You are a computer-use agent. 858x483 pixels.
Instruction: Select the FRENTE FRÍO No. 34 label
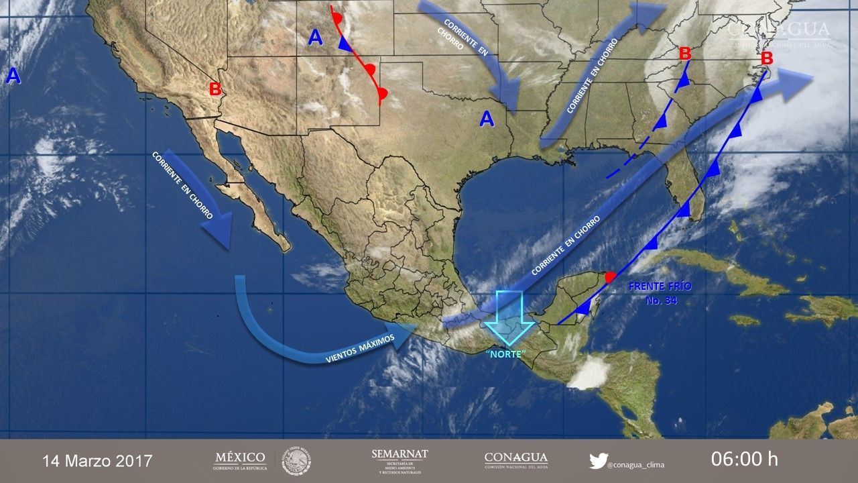(x=660, y=293)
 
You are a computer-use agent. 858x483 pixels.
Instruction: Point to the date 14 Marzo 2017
(x=97, y=461)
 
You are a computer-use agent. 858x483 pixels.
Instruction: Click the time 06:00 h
(x=744, y=460)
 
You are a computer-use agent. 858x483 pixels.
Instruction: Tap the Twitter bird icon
(x=597, y=461)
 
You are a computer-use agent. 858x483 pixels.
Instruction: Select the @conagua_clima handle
(x=635, y=464)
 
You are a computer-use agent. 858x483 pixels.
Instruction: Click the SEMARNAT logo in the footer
(x=400, y=461)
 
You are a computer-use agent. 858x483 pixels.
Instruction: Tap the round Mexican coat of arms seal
(x=296, y=461)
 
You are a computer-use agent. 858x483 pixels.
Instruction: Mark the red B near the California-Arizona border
(x=215, y=89)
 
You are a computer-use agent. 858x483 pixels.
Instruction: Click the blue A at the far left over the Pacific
(x=13, y=76)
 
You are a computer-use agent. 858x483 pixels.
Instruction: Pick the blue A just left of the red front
(x=316, y=38)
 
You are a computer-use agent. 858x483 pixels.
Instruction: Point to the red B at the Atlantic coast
(x=767, y=58)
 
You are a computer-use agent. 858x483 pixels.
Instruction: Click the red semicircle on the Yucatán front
(x=610, y=276)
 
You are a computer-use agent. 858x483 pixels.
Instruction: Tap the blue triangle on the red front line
(x=345, y=44)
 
